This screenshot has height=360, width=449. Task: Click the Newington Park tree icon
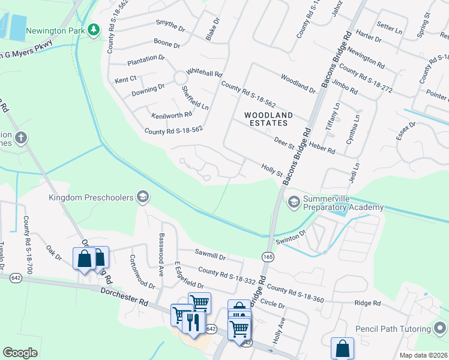(93, 30)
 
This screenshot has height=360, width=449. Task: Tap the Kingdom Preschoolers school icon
(143, 197)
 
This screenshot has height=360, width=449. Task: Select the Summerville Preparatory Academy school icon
(294, 202)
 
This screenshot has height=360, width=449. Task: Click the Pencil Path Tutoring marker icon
(441, 329)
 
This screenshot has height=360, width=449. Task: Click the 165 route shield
(268, 257)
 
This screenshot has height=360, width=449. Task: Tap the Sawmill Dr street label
(209, 256)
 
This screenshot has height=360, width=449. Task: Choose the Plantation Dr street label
(145, 59)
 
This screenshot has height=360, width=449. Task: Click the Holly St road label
(271, 170)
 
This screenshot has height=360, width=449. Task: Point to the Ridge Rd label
(367, 304)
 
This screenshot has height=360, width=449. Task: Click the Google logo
(20, 353)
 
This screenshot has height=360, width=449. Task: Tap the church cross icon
(21, 138)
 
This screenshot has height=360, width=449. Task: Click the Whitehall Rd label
(204, 71)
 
